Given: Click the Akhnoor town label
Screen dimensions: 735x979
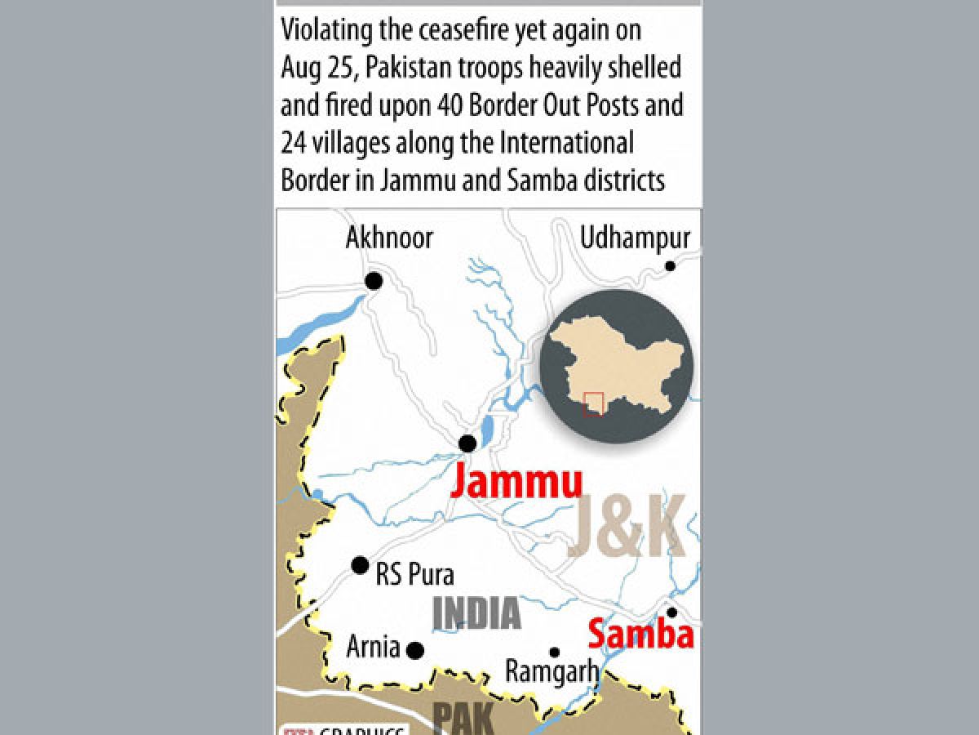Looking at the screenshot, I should click(x=389, y=238).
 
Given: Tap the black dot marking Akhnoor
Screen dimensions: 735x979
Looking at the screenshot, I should click(x=374, y=281).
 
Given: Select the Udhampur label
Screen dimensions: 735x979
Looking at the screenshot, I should click(x=635, y=238).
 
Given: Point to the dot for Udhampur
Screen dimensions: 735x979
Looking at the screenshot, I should click(x=670, y=265).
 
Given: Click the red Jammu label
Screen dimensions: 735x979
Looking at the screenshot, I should click(x=516, y=481).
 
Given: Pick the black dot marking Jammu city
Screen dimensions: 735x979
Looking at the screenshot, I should click(x=467, y=443).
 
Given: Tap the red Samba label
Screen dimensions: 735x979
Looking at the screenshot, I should click(x=640, y=635).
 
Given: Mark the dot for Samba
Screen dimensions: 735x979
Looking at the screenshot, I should click(x=671, y=612).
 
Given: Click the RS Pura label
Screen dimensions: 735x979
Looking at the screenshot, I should click(x=414, y=574).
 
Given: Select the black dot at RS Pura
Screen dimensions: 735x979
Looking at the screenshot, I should click(x=360, y=565).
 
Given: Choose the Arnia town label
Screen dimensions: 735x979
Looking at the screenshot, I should click(x=373, y=648).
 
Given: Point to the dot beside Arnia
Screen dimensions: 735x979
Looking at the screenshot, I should click(x=415, y=650).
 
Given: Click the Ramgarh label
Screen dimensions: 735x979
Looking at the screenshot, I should click(x=552, y=672).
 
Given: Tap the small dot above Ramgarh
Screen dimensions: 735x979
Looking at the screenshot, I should click(x=554, y=652).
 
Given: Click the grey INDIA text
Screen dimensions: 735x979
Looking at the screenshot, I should click(x=476, y=613).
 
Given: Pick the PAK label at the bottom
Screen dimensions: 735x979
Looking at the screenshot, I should click(x=462, y=719).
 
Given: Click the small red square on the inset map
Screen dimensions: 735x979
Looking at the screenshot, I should click(x=594, y=403).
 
